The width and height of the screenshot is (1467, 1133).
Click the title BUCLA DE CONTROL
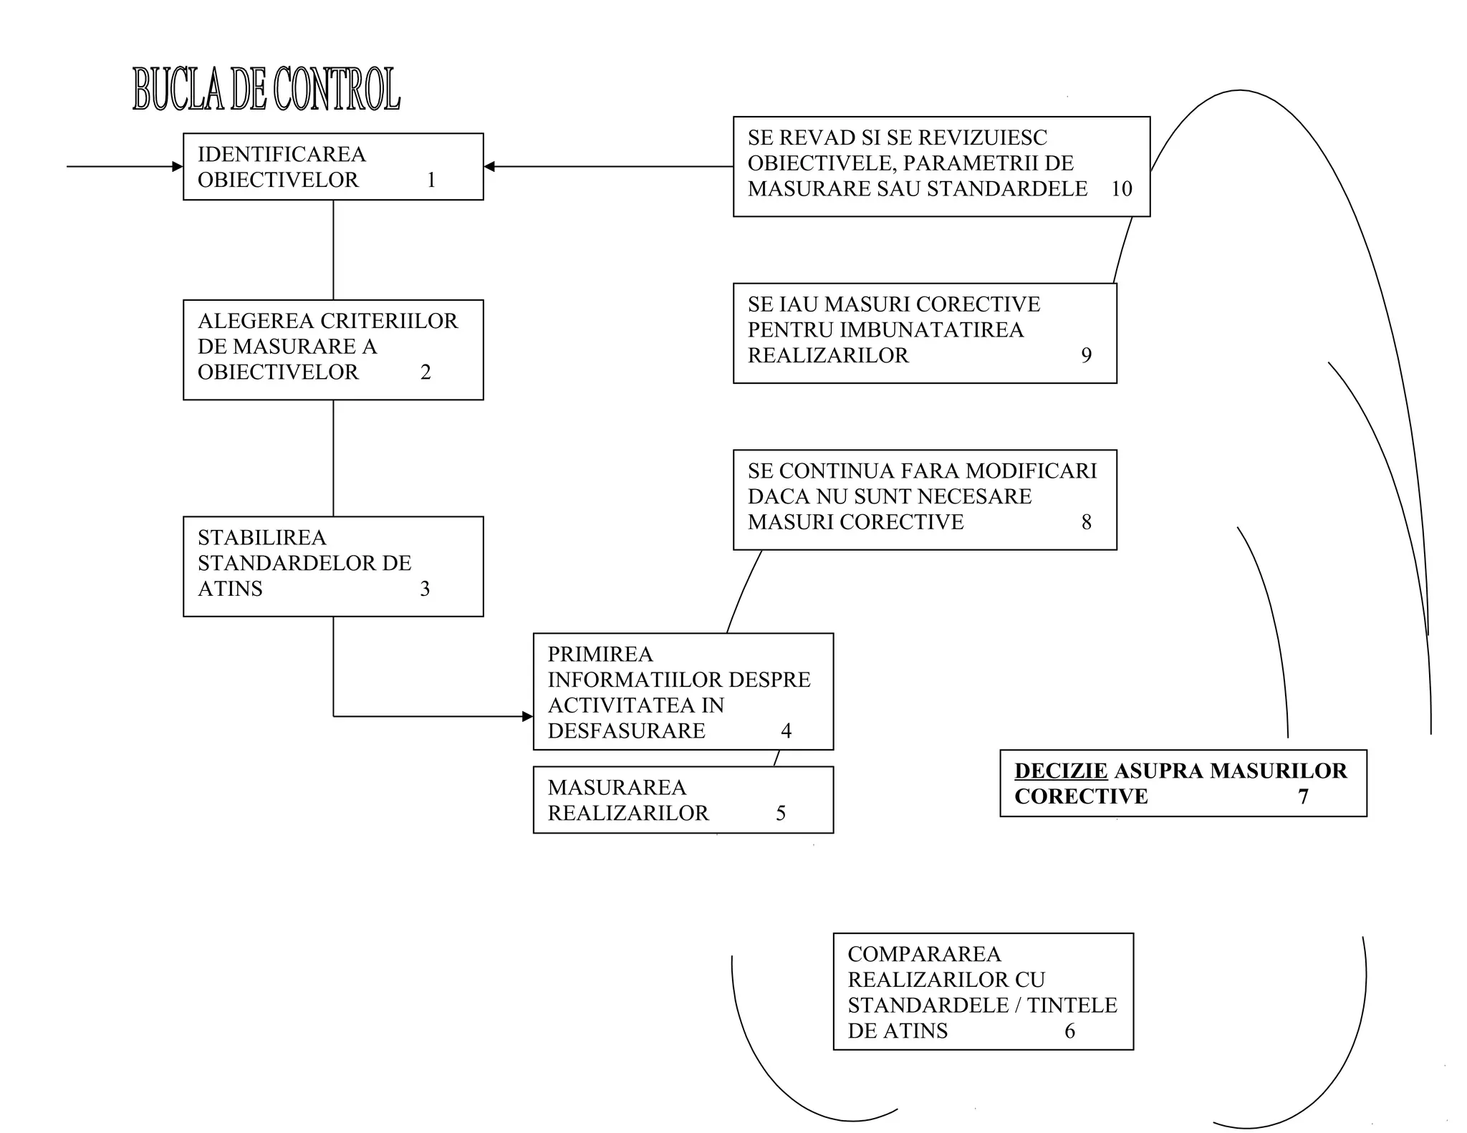(266, 90)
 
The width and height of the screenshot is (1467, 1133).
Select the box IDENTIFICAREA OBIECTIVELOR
(333, 166)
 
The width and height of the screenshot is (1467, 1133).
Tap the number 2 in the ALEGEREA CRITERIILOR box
(425, 372)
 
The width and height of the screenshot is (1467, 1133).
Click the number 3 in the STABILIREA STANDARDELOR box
(425, 589)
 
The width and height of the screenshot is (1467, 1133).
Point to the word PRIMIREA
(600, 654)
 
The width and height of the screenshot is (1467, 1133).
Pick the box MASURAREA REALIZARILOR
(683, 800)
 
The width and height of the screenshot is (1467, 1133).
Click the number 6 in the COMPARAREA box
(1069, 1031)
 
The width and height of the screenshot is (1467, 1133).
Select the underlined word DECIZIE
(1061, 771)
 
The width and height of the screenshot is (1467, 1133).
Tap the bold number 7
(1303, 796)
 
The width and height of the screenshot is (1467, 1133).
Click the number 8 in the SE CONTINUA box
(1086, 522)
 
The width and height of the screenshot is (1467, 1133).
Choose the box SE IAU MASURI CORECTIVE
(924, 333)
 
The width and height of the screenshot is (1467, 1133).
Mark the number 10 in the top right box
(1121, 189)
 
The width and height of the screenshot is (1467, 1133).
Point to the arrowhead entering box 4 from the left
(528, 716)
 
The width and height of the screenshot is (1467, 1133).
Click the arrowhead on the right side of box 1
(490, 167)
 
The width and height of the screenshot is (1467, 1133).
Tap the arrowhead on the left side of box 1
(178, 167)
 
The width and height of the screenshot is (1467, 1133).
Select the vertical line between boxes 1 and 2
(333, 249)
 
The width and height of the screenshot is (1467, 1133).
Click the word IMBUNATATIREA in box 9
(931, 330)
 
